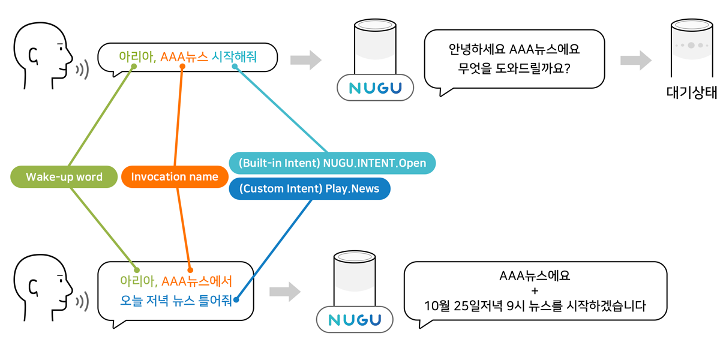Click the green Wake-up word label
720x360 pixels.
tap(64, 177)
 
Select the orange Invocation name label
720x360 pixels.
tap(174, 177)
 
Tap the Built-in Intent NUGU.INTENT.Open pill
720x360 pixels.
tap(332, 163)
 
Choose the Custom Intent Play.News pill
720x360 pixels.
tap(309, 189)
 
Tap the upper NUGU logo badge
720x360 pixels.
tap(376, 88)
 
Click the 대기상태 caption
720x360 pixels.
tap(692, 93)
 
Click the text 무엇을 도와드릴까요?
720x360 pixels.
tap(514, 68)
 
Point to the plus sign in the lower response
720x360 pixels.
tap(535, 291)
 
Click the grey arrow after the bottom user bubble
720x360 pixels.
tap(284, 292)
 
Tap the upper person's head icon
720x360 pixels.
tap(42, 53)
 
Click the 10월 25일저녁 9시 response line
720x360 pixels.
tap(535, 307)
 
